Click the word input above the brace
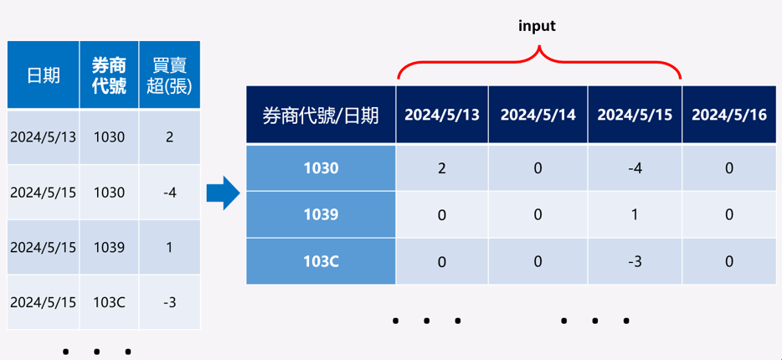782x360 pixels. tap(537, 27)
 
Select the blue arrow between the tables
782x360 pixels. tap(224, 193)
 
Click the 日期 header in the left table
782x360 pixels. tap(44, 75)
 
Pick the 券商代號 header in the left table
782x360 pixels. tap(109, 75)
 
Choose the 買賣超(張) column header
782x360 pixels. tap(170, 75)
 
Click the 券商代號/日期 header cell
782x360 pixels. tap(321, 116)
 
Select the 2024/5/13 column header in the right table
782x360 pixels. tap(442, 115)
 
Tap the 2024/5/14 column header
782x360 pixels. tap(538, 115)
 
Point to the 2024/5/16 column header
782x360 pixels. tap(729, 115)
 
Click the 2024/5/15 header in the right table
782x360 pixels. tap(635, 115)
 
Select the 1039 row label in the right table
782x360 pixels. tap(322, 214)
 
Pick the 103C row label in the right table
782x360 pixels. tap(322, 261)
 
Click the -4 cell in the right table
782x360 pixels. tap(635, 168)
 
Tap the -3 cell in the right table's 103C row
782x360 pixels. tap(635, 261)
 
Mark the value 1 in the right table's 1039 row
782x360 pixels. tap(635, 214)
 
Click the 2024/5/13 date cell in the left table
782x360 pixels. tap(44, 137)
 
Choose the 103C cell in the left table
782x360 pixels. tap(109, 302)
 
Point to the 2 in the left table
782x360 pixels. tap(170, 137)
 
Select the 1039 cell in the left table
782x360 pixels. tap(109, 247)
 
